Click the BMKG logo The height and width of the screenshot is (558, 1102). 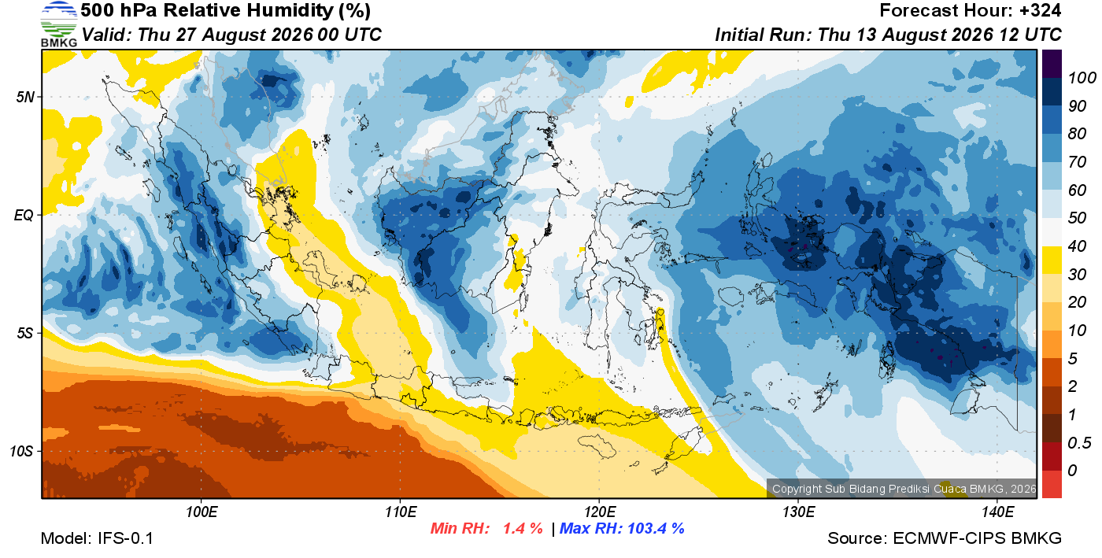[58, 24]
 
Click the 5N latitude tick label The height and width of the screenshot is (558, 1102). [25, 97]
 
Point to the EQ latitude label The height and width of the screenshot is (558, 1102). [24, 216]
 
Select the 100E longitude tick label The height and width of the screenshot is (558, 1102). [202, 512]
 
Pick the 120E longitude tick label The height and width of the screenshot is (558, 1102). [600, 512]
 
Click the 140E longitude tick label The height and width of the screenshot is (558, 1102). [997, 512]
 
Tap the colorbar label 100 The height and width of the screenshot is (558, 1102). [1082, 78]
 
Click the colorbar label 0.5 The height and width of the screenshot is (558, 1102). [1079, 443]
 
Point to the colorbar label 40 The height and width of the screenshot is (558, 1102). [1077, 246]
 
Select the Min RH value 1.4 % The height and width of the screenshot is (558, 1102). [523, 528]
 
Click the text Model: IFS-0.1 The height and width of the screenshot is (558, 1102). [97, 538]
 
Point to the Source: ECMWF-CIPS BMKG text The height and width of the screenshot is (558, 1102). [945, 538]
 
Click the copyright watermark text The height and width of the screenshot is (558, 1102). [904, 489]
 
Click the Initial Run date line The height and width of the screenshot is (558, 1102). [888, 35]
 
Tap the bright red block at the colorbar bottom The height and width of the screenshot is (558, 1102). [1052, 484]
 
